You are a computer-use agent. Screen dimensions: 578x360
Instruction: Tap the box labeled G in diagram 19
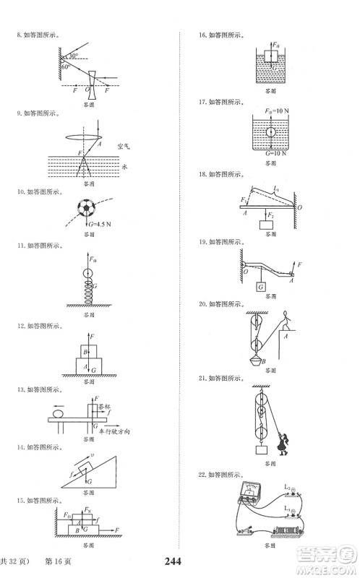click(x=260, y=287)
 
